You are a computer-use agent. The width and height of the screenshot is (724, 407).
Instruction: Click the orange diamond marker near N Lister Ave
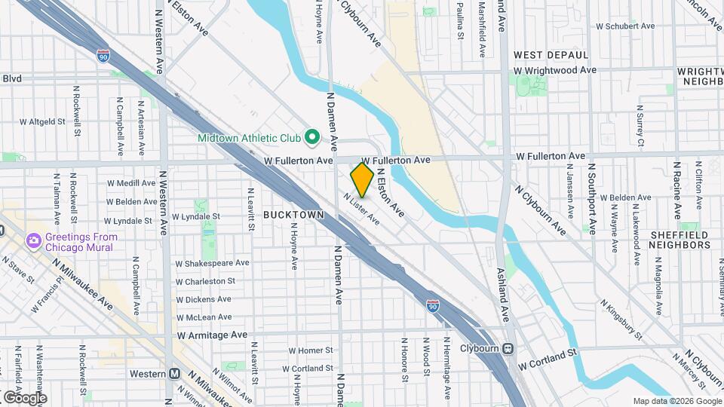coord(362,180)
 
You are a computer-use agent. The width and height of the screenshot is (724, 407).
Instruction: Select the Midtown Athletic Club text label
coord(249,138)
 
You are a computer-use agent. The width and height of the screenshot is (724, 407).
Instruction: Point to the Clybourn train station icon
coord(509,349)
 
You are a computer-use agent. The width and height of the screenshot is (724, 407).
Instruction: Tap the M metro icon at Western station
coord(175,374)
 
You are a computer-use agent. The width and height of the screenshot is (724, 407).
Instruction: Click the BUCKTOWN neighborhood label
coord(293,215)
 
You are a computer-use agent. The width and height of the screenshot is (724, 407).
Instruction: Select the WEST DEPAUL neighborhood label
coord(551,55)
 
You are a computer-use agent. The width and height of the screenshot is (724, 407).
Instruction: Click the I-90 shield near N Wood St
coord(432,304)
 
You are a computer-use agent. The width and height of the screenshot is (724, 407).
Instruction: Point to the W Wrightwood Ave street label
coord(555,70)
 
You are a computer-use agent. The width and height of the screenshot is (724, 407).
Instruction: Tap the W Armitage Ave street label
coord(212,335)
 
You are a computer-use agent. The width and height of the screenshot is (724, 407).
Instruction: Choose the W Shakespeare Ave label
coord(212,263)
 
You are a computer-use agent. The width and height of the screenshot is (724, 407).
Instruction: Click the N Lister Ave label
coord(360,210)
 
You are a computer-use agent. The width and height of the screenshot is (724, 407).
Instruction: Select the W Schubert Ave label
coord(625,26)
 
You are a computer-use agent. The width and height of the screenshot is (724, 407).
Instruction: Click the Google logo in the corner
coord(25,397)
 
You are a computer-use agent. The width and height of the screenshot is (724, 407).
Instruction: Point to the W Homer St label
coord(310,350)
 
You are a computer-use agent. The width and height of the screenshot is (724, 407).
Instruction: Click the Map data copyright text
coord(676,401)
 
